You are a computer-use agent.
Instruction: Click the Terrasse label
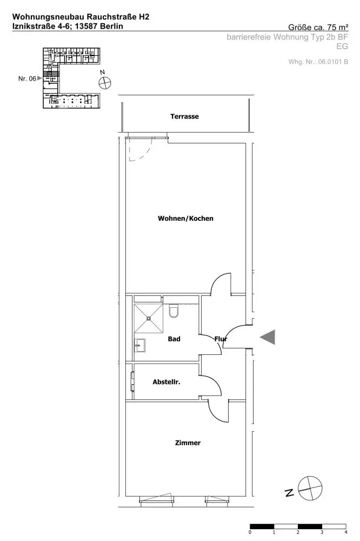[x=184, y=116]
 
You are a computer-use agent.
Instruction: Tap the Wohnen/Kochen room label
[x=185, y=219]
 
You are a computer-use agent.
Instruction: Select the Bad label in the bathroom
[x=174, y=339]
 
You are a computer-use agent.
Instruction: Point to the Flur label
[x=221, y=339]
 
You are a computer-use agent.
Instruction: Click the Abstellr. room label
[x=166, y=382]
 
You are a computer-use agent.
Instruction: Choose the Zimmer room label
[x=188, y=443]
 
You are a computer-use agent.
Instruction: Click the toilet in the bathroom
[x=174, y=311]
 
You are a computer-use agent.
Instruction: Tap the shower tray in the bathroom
[x=149, y=319]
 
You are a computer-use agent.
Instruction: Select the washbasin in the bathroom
[x=139, y=345]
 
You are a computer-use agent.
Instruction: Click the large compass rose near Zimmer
[x=310, y=488]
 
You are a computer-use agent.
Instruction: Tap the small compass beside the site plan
[x=105, y=83]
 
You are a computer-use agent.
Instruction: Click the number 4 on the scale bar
[x=345, y=532]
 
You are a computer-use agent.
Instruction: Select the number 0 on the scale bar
[x=250, y=532]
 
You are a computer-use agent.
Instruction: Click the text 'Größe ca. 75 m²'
[x=318, y=28]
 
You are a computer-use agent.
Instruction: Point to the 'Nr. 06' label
[x=27, y=78]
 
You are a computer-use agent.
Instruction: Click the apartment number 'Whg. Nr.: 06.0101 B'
[x=318, y=62]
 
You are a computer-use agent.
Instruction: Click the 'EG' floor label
[x=342, y=46]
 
